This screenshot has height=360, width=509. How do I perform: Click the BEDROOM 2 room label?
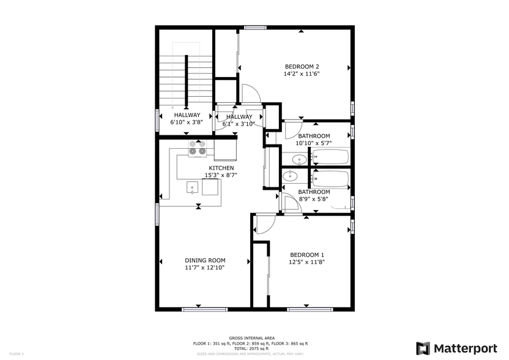[302, 66]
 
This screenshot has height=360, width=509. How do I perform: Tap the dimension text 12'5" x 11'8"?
[307, 262]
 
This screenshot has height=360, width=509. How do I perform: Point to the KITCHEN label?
[221, 168]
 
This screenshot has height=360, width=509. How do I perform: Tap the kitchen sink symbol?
[192, 188]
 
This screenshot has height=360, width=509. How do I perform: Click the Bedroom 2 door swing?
[251, 93]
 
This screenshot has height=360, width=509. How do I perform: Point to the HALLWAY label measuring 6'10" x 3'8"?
[187, 115]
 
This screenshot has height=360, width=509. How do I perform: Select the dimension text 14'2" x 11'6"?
[302, 73]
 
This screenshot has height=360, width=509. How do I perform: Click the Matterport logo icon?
[423, 348]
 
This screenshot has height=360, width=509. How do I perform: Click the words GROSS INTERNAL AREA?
[251, 338]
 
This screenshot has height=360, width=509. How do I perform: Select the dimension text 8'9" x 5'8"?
[314, 198]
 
